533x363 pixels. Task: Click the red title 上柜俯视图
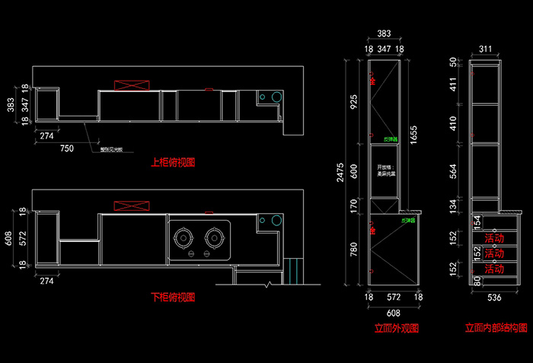(x=174, y=162)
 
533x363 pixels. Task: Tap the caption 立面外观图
(x=396, y=329)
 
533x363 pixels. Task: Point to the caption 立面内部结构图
(x=496, y=329)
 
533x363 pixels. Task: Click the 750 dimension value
(x=67, y=149)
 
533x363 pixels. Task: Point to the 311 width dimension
(x=485, y=48)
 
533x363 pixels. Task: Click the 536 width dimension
(x=493, y=299)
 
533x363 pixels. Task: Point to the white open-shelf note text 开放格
(x=384, y=166)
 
